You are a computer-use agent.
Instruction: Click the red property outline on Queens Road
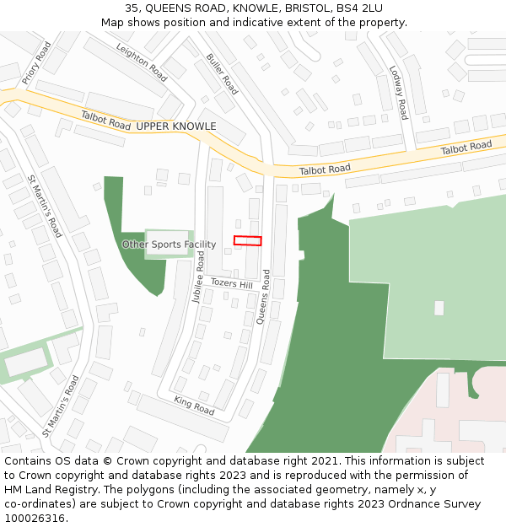coord(247,240)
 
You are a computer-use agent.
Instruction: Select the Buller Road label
coord(222,74)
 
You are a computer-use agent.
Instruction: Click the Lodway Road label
coord(398,92)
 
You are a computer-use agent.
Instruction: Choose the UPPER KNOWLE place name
coord(176,126)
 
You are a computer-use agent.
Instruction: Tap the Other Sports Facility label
coord(169,245)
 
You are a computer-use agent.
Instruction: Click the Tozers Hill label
coord(231,284)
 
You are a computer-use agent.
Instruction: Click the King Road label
coord(194,406)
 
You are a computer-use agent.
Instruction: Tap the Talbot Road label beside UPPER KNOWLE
coord(106,121)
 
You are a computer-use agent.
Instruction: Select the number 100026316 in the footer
coord(33,519)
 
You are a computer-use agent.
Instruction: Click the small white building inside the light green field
coord(439,308)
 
